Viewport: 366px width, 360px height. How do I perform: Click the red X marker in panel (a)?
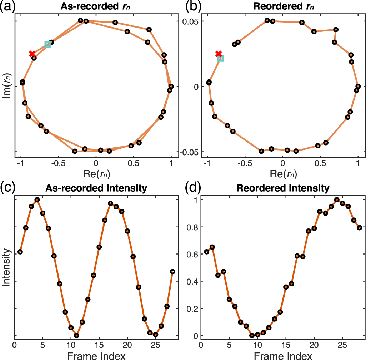click(32, 54)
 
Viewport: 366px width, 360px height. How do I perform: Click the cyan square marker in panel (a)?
click(48, 44)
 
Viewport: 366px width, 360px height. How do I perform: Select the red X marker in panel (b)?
click(219, 54)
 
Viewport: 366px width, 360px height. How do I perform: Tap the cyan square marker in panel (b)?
click(220, 58)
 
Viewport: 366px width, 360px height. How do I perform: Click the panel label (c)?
click(8, 187)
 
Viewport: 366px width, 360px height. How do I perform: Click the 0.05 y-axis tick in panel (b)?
click(191, 21)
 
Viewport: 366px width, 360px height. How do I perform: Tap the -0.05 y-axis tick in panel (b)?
click(190, 152)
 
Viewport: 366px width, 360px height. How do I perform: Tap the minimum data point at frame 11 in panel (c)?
click(76, 335)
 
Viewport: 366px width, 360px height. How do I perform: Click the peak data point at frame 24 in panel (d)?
click(337, 199)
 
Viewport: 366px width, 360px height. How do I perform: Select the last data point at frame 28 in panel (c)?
click(172, 272)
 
